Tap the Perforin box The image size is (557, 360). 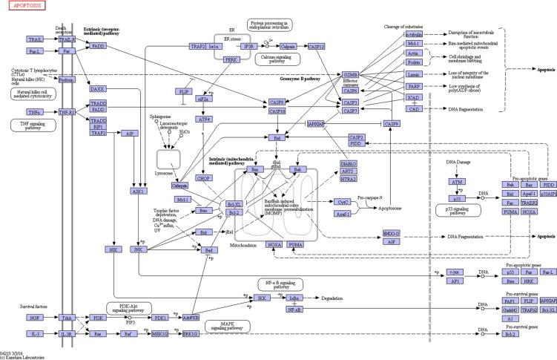[x=67, y=79]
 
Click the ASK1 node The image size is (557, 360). [x=138, y=191]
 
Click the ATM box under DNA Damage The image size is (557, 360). [x=458, y=181]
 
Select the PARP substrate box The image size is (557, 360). [x=414, y=86]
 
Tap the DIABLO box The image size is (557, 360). [x=349, y=163]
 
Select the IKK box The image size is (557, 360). [x=260, y=297]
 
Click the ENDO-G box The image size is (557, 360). [x=392, y=234]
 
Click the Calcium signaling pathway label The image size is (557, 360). [x=275, y=60]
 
